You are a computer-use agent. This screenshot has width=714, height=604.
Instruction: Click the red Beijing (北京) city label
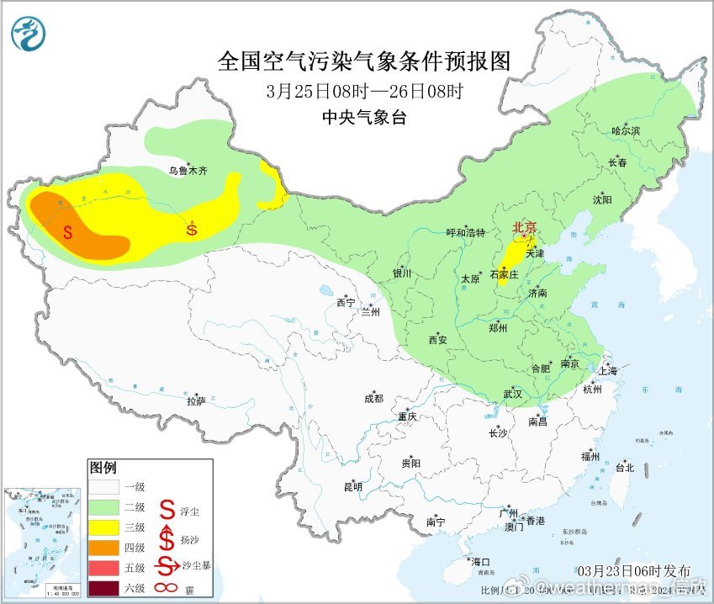[x=525, y=227]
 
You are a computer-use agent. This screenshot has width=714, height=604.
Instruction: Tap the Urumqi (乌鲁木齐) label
[x=188, y=171]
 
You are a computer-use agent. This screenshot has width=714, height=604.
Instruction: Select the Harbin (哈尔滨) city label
[x=626, y=131]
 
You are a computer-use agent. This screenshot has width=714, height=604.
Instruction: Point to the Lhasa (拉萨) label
[x=196, y=401]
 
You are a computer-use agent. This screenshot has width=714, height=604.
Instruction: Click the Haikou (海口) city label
[x=480, y=562]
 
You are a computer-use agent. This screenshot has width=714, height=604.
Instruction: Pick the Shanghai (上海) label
[x=606, y=370]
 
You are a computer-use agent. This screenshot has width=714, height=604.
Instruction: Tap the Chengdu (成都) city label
[x=374, y=399]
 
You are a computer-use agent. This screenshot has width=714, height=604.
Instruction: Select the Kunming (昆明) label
[x=352, y=486]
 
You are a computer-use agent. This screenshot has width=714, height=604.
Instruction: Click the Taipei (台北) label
[x=624, y=468]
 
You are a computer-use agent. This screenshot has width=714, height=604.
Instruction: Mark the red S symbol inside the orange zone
[x=66, y=231]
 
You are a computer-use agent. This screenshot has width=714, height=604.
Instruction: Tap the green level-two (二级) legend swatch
[x=108, y=507]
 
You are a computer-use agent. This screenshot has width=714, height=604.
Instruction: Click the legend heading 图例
[x=103, y=468]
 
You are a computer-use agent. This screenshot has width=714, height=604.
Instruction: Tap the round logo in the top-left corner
[x=29, y=33]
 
